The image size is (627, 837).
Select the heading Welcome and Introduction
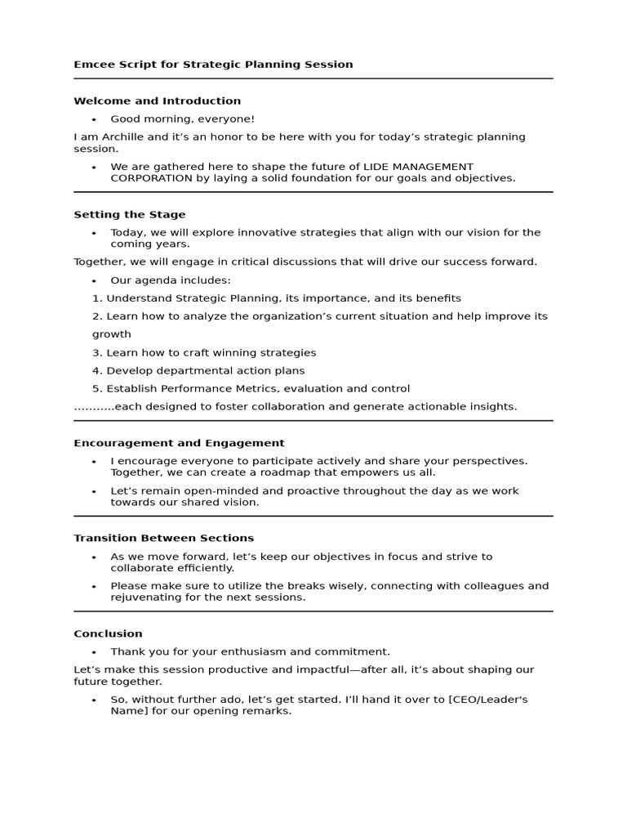tap(157, 101)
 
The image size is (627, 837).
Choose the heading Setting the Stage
tap(130, 215)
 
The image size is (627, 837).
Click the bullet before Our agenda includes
tap(95, 280)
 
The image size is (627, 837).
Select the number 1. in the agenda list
tap(97, 298)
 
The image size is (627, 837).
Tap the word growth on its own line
tap(111, 334)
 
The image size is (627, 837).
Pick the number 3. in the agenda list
tap(97, 353)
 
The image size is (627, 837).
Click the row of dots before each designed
tap(94, 407)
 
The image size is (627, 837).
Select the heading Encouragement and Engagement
tap(179, 443)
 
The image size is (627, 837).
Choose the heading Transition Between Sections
tap(163, 538)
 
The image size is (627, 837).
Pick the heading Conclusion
tap(108, 633)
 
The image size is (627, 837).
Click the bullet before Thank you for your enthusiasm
tap(95, 652)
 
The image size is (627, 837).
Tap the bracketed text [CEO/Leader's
tap(488, 700)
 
